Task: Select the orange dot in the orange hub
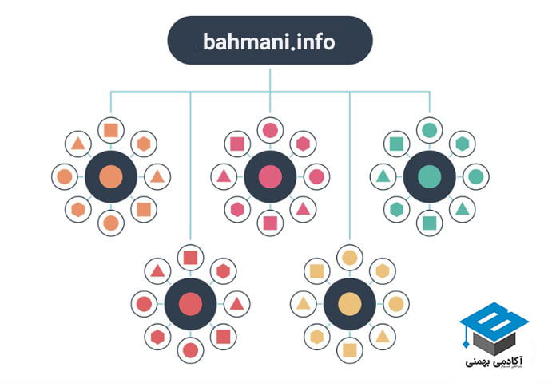pyautogui.click(x=110, y=176)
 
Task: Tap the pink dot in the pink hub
pyautogui.click(x=270, y=176)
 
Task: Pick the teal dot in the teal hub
pyautogui.click(x=430, y=176)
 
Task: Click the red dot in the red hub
pyautogui.click(x=190, y=304)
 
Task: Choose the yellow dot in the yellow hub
pyautogui.click(x=349, y=304)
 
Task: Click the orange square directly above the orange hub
pyautogui.click(x=110, y=130)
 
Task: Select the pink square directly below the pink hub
pyautogui.click(x=270, y=223)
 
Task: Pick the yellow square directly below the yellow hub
pyautogui.click(x=349, y=349)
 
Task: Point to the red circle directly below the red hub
pyautogui.click(x=190, y=349)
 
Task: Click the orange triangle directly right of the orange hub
pyautogui.click(x=157, y=176)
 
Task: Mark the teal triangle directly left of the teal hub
pyautogui.click(x=383, y=176)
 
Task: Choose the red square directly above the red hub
pyautogui.click(x=190, y=258)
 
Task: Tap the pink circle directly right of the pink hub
pyautogui.click(x=316, y=176)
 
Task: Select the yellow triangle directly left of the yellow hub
pyautogui.click(x=303, y=304)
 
